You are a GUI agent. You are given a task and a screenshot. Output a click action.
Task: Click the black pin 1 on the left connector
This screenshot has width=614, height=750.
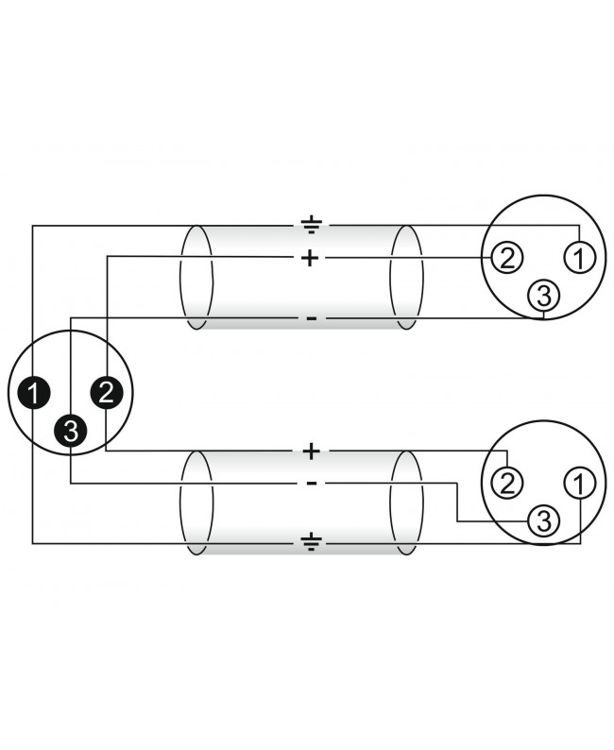pos(33,393)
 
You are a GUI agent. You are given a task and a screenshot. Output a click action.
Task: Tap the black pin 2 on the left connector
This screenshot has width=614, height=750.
pos(106,392)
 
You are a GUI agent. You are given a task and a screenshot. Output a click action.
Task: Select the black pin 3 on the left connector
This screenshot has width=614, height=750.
pos(70,431)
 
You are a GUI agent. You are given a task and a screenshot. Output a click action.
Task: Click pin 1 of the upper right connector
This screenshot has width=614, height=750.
pos(579,258)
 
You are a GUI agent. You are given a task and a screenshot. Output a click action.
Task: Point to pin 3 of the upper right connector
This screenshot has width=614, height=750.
pos(544,296)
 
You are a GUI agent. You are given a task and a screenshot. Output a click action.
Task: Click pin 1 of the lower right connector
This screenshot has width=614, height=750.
pos(579,484)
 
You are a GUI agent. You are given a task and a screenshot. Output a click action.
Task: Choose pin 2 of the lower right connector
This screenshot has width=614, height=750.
pos(507,484)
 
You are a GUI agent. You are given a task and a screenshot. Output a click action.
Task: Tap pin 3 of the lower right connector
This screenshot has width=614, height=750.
pos(544,520)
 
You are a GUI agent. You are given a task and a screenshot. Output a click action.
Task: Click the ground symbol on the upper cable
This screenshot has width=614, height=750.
pos(312,224)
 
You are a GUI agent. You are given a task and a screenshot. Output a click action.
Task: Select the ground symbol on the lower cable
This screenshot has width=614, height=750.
pos(312,541)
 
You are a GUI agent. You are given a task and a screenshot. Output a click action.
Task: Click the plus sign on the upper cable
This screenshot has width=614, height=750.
pos(310,258)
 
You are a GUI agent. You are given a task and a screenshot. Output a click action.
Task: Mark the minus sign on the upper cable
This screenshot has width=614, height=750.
pos(312,318)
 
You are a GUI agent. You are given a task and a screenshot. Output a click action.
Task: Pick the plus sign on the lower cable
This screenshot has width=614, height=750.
pos(312,452)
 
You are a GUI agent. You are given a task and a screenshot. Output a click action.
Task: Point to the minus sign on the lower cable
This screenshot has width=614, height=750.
pos(312,484)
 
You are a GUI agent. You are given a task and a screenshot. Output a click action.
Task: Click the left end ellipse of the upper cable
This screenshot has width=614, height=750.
pos(180,278)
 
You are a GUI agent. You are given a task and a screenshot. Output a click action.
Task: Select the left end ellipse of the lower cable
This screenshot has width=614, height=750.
pos(180,503)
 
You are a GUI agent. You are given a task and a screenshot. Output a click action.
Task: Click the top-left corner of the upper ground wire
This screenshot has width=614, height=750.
pos(32,226)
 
